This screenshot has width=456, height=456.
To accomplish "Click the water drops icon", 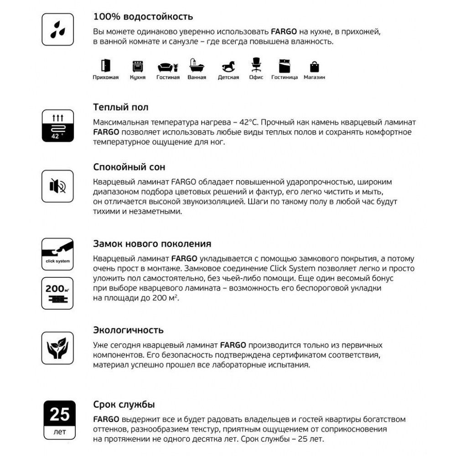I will pyautogui.click(x=57, y=29).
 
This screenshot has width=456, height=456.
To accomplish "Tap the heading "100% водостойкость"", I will pyautogui.click(x=143, y=17).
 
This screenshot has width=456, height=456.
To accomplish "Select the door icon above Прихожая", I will pyautogui.click(x=105, y=66).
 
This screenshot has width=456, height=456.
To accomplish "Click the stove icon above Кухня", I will pyautogui.click(x=137, y=67).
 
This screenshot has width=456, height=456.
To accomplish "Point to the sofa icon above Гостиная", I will pyautogui.click(x=168, y=67).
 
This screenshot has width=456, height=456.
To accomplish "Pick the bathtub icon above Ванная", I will pyautogui.click(x=197, y=67).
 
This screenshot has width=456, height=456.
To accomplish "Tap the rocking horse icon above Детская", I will pyautogui.click(x=228, y=67).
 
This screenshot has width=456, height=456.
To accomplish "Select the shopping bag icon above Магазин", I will pyautogui.click(x=315, y=67).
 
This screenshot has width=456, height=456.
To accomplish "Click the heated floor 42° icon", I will pyautogui.click(x=57, y=125).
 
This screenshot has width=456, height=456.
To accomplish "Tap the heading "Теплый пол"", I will pyautogui.click(x=120, y=108).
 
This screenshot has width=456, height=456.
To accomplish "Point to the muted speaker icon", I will pyautogui.click(x=57, y=186).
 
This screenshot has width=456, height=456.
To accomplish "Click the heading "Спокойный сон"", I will pyautogui.click(x=129, y=167).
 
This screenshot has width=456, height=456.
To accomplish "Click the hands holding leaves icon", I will pyautogui.click(x=57, y=347).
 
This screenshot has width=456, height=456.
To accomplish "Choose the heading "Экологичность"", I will pyautogui.click(x=128, y=330).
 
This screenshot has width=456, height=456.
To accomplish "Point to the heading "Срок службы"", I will pyautogui.click(x=124, y=404).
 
